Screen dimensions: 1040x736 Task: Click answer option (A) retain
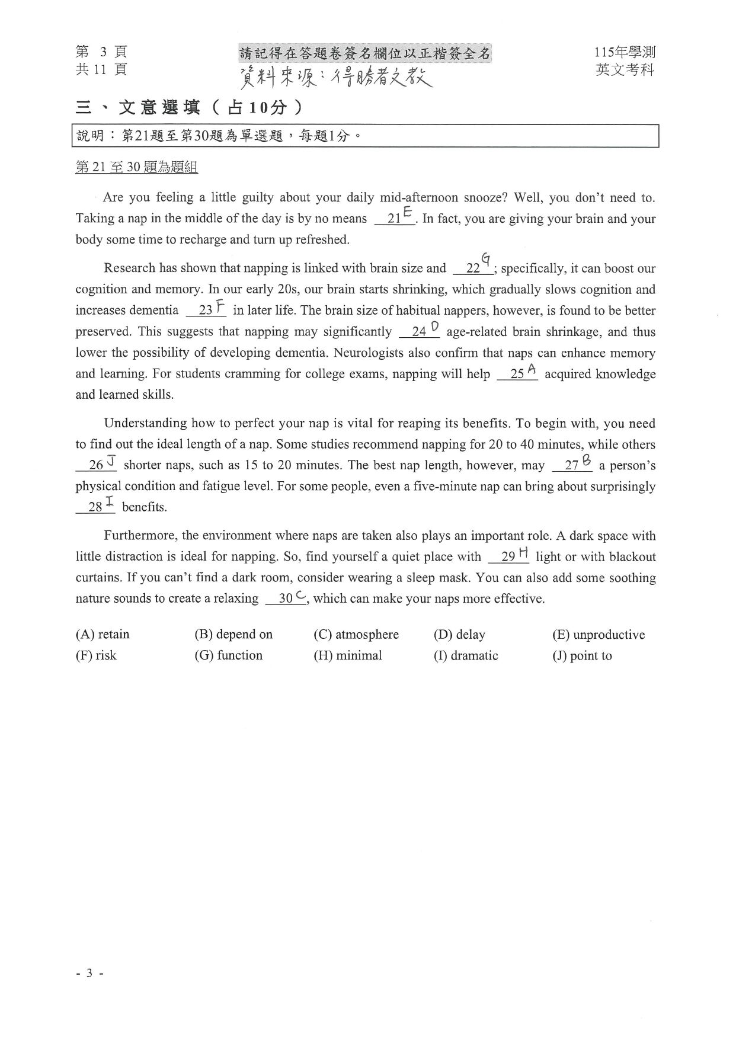102,634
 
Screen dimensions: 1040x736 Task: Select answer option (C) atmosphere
356,634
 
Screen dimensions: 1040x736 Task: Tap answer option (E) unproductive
598,635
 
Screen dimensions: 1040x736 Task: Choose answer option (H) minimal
348,655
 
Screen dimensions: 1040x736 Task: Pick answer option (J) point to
582,656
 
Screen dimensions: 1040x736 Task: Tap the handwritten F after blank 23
220,306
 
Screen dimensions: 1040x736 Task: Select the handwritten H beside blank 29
523,553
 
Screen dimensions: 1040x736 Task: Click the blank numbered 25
517,375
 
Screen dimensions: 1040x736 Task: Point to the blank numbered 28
95,507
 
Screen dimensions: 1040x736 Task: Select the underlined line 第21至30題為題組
136,168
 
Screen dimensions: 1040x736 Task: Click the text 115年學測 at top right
625,53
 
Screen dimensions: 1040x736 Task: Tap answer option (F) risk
96,655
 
